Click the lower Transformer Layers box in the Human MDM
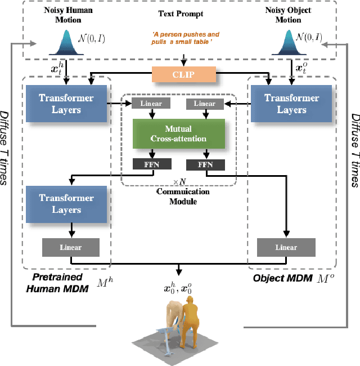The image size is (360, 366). [67, 204]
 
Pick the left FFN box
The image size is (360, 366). [149, 164]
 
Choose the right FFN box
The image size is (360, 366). [205, 164]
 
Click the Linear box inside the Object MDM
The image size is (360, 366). [286, 247]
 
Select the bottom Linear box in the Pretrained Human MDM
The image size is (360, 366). [70, 247]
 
